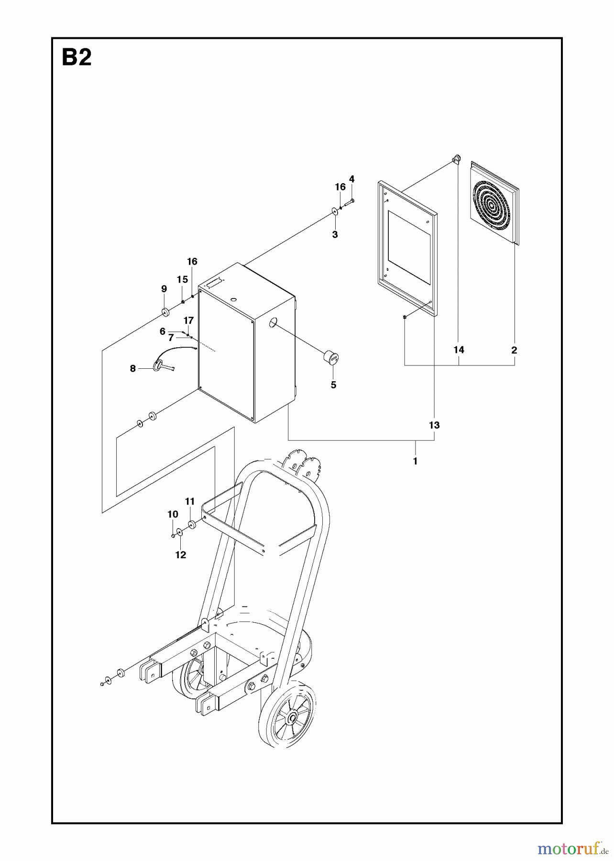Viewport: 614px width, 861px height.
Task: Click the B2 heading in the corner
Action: click(77, 58)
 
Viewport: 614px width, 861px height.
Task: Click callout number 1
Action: click(415, 461)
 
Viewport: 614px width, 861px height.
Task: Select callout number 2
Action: click(514, 350)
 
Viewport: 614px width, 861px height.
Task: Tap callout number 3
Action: click(335, 234)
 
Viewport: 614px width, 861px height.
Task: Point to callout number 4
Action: click(352, 179)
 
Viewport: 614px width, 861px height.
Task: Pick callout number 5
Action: click(333, 385)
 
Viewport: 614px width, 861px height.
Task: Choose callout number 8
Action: click(133, 368)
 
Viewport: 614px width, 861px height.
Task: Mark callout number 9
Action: click(164, 289)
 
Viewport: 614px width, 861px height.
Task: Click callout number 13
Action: click(434, 425)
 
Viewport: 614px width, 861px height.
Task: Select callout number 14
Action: click(459, 350)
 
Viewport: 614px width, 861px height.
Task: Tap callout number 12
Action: click(180, 555)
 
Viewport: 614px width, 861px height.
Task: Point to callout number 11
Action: click(190, 501)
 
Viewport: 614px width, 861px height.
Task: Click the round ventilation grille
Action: click(494, 203)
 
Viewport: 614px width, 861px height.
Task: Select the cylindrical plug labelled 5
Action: click(330, 357)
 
